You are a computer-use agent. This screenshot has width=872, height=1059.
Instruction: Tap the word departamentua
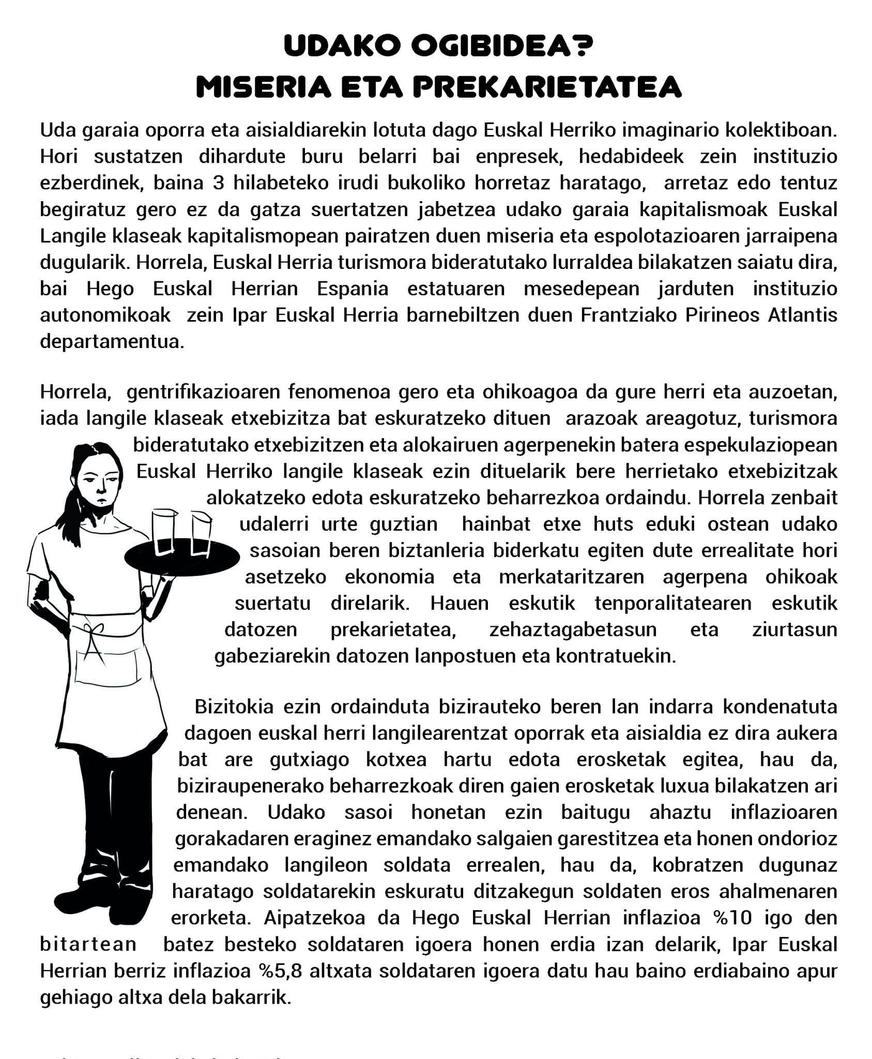[112, 342]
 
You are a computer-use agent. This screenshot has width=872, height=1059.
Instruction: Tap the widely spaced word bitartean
[88, 944]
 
